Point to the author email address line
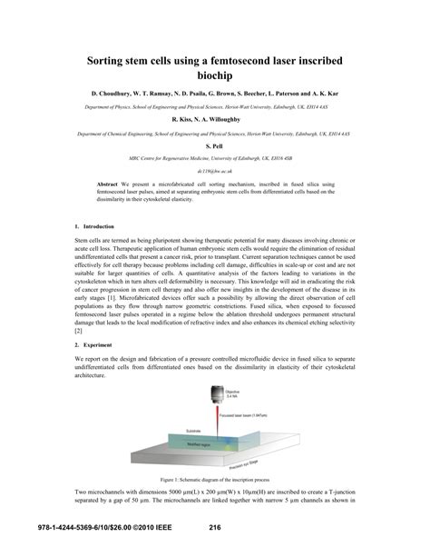pos(214,171)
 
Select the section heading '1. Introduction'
pos(93,225)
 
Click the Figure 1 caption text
pos(214,502)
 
